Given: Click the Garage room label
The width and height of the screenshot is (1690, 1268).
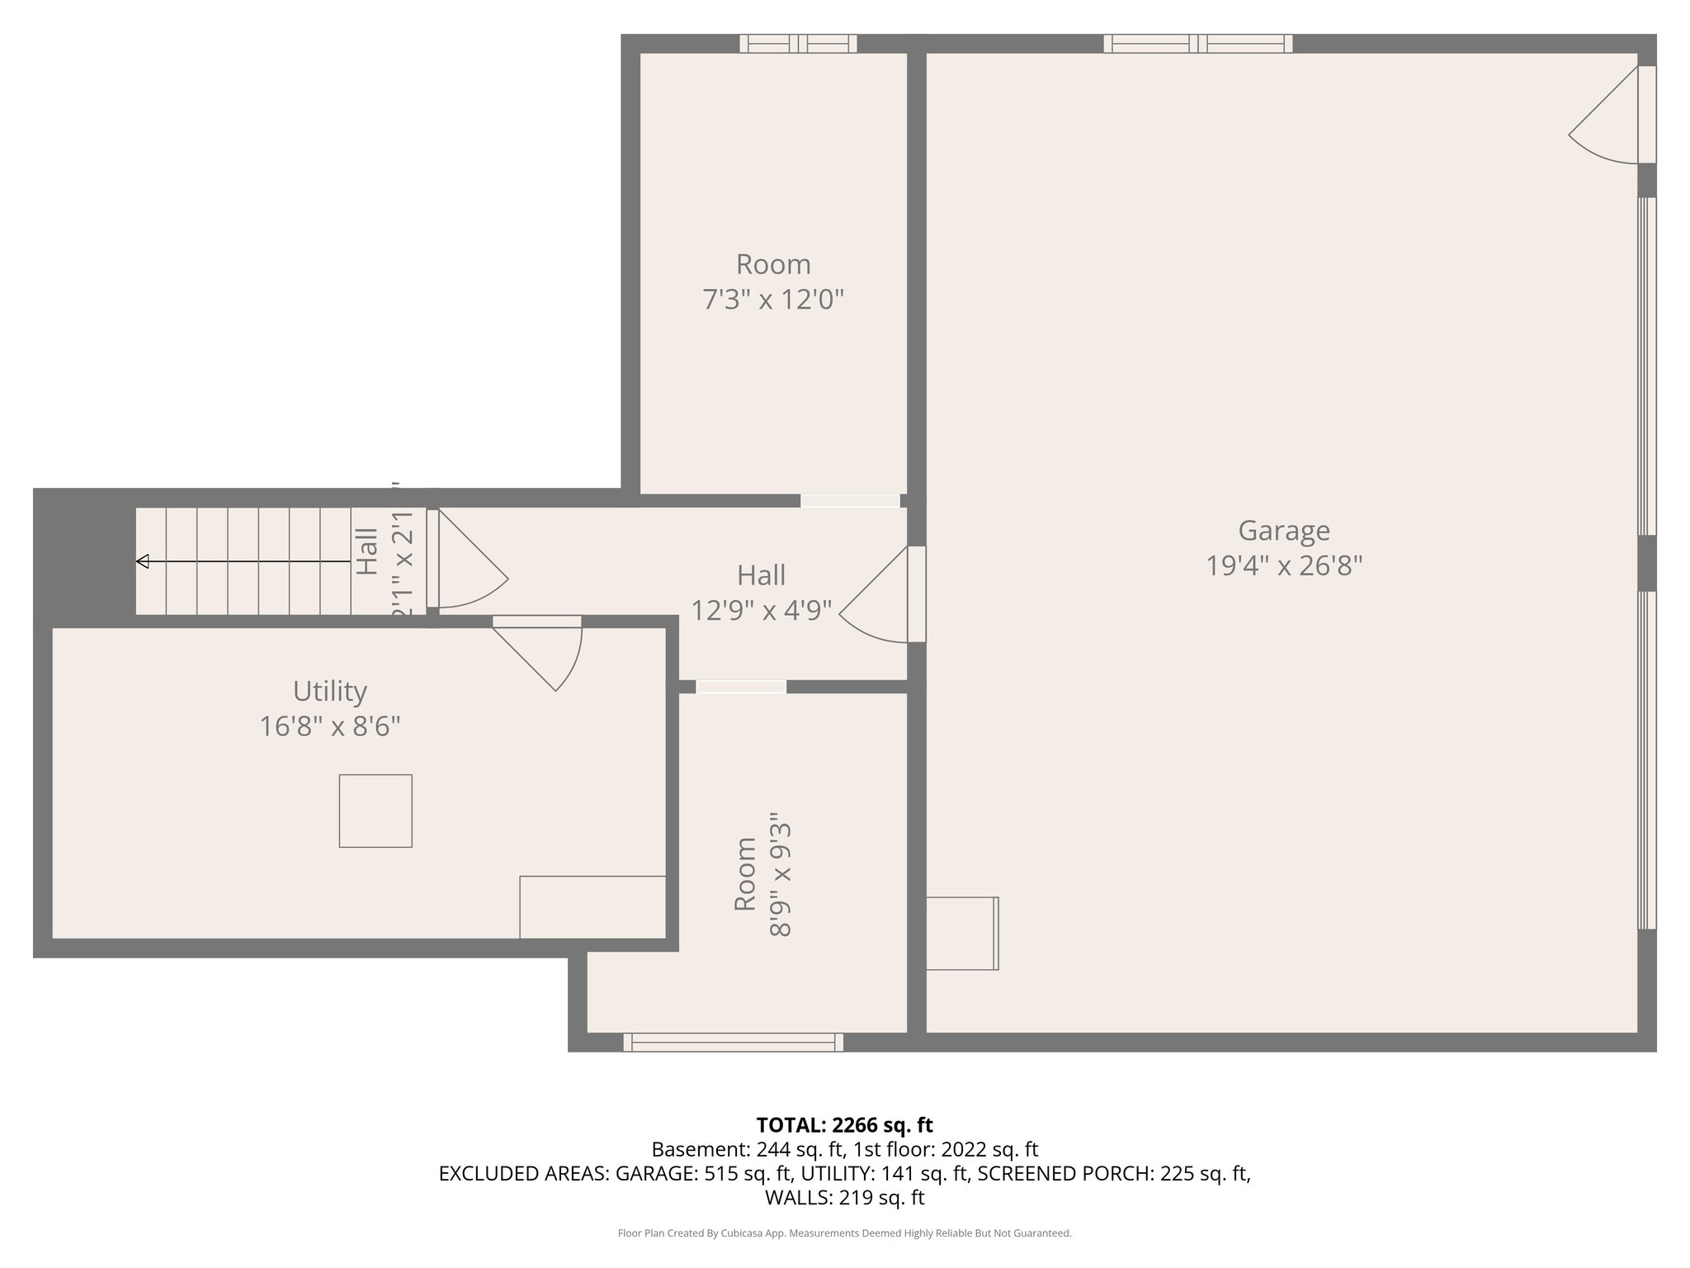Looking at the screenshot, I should [1283, 531].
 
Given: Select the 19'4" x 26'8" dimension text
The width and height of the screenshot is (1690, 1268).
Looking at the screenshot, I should [1283, 566].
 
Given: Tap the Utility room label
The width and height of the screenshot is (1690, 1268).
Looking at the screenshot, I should [330, 691].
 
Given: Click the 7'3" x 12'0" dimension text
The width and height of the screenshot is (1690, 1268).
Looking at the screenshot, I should [773, 300].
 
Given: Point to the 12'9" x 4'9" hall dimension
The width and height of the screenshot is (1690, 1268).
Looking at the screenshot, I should [761, 611].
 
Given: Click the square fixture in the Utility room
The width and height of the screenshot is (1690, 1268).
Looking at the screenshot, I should [375, 811].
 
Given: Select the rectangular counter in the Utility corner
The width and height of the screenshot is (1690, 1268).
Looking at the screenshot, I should [592, 906].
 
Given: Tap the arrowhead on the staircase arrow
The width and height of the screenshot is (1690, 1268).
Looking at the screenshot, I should [142, 561].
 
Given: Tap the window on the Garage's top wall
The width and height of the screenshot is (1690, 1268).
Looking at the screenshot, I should [1197, 44].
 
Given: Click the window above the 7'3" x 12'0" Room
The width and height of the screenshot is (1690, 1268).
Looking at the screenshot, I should [798, 44].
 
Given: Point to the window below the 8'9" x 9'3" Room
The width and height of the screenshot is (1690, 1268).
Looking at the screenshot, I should [733, 1042].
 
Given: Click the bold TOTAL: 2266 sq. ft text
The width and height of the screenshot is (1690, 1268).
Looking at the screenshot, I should [844, 1125].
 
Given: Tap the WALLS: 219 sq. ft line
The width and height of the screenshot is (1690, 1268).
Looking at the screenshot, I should [844, 1198].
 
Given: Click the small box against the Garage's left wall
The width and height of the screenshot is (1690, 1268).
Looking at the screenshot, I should [962, 933].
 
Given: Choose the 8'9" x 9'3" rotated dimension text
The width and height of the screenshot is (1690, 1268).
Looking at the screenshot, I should [781, 879].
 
